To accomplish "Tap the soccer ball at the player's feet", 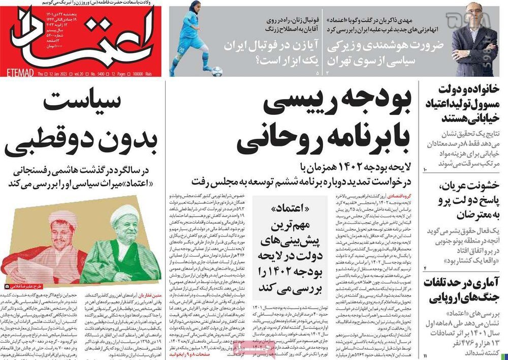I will [x=216, y=71].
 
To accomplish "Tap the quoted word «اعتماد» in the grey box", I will [x=290, y=208].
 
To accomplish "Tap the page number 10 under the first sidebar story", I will [x=426, y=168].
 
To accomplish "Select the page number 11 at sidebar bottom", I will [x=426, y=355].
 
